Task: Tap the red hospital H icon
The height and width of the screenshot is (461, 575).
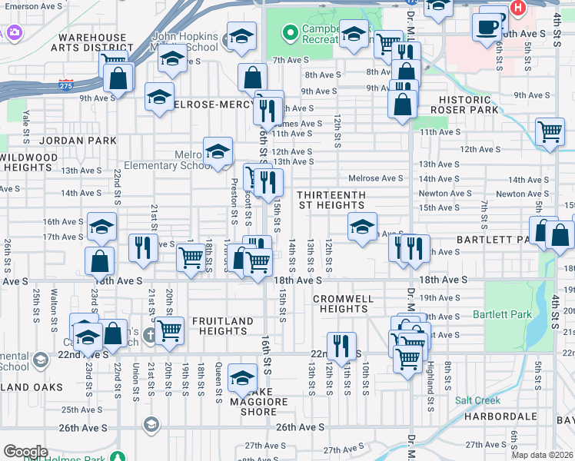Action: click(x=518, y=8)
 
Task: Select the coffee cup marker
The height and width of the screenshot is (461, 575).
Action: click(x=487, y=27)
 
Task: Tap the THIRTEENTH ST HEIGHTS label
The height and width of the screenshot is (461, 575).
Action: click(x=332, y=200)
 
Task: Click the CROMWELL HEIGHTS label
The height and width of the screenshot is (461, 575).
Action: click(x=344, y=303)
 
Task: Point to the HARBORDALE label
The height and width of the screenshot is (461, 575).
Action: click(x=500, y=416)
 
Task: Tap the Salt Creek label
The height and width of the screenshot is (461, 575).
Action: click(x=477, y=400)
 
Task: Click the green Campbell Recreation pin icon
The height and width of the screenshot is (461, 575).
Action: click(x=289, y=33)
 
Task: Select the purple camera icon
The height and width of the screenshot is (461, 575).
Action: click(x=13, y=32)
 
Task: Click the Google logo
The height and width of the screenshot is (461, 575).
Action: click(x=25, y=451)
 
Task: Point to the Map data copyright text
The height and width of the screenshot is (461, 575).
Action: click(x=542, y=455)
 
